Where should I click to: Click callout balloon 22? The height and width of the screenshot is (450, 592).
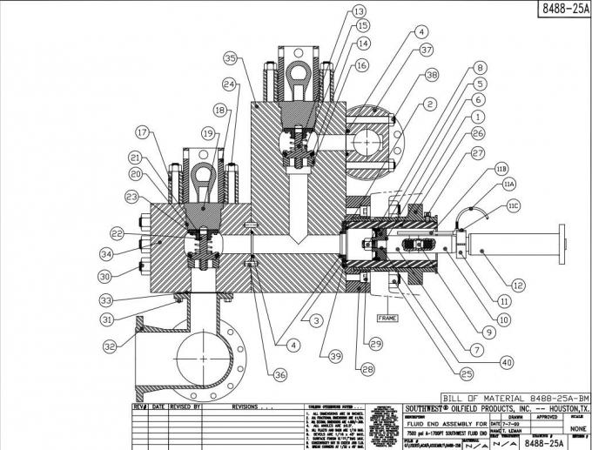(118, 232)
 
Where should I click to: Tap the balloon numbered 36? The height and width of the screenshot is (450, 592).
(279, 374)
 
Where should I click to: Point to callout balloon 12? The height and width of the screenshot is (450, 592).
(518, 285)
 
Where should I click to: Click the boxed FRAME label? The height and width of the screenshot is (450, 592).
(386, 319)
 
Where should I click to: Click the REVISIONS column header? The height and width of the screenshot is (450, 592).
(252, 406)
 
